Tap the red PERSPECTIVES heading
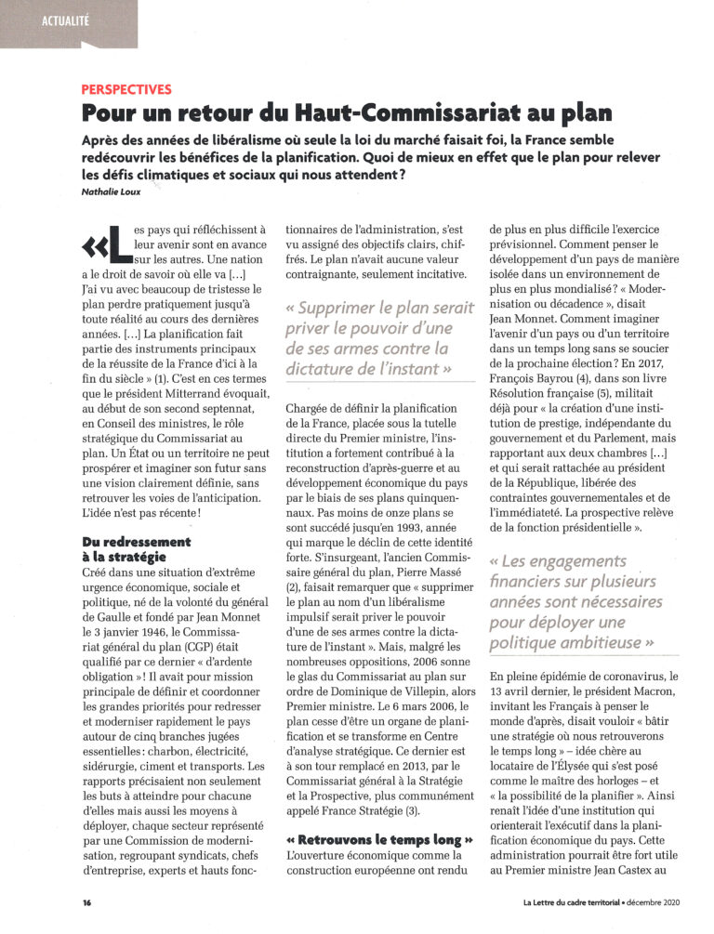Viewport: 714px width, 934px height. [126, 89]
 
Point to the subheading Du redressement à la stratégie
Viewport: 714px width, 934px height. [137, 548]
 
